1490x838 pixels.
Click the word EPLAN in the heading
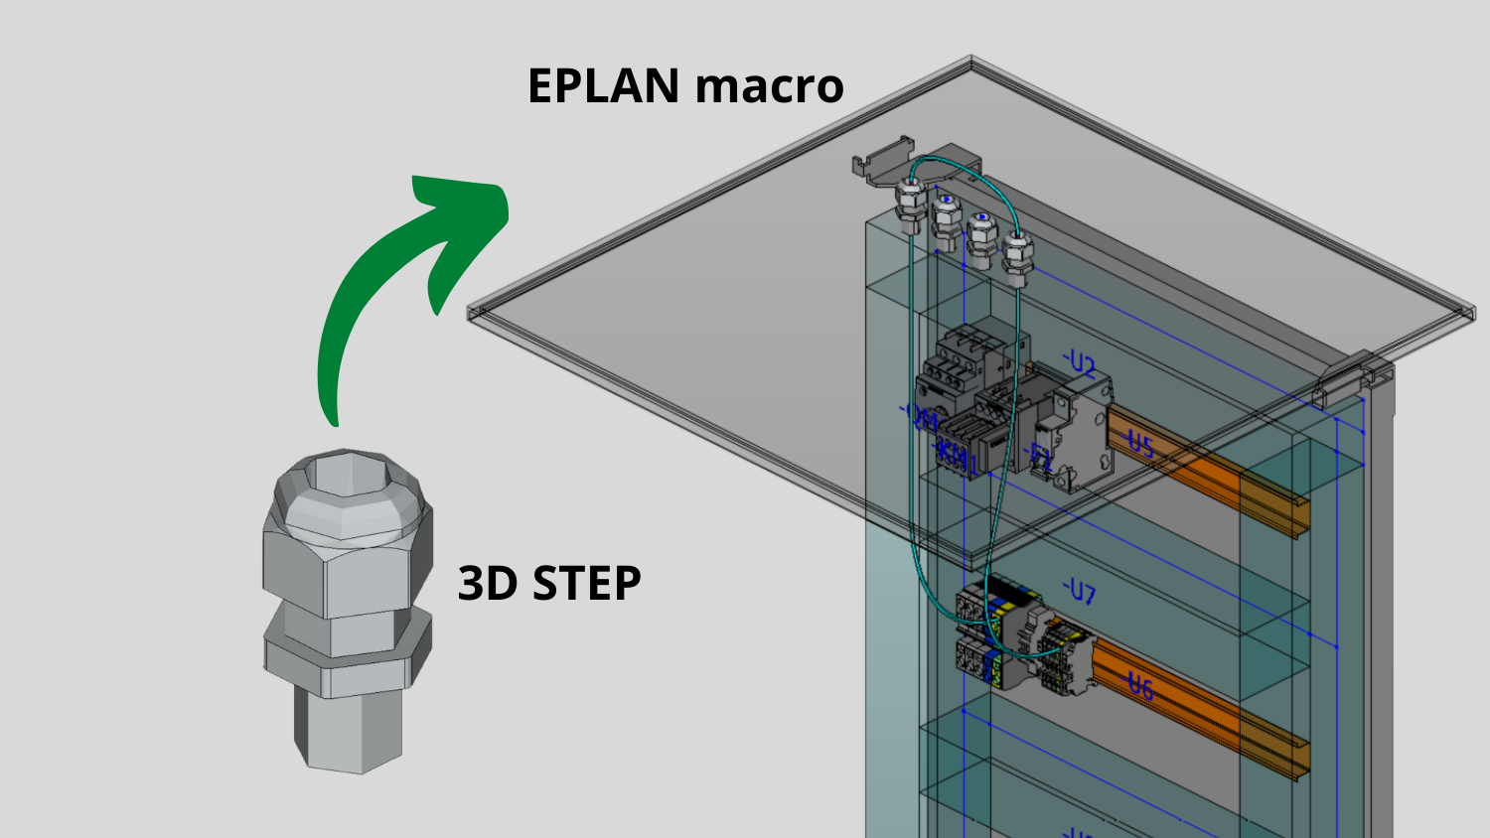[603, 86]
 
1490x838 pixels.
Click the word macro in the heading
[769, 86]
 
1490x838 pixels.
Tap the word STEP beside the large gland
[587, 583]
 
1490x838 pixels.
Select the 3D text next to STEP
[489, 583]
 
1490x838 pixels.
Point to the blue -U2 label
[1079, 364]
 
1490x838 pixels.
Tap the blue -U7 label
[1079, 593]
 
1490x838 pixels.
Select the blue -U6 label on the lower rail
[1139, 684]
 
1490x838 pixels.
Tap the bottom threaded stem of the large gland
[350, 730]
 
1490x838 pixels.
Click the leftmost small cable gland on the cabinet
[910, 203]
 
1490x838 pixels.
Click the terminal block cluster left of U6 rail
[1003, 635]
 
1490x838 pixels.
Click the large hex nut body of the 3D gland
[338, 576]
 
